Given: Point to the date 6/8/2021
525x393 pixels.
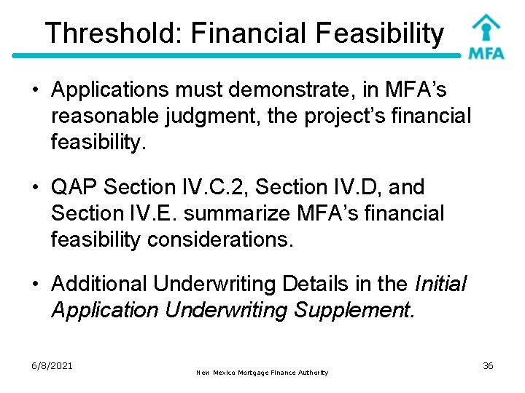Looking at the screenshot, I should tap(52, 365).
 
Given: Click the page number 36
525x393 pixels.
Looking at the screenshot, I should tap(488, 365).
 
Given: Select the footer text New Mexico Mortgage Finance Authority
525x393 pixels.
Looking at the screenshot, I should tap(262, 373).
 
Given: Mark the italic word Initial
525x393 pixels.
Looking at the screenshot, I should tap(440, 285).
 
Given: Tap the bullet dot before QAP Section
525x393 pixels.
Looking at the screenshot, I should tap(34, 188).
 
